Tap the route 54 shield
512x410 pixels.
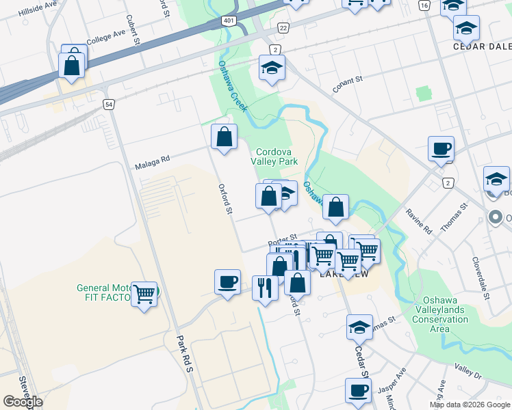coord(109,104)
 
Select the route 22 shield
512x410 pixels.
coord(283,27)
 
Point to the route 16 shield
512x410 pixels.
coord(424,5)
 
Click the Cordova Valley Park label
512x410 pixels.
coord(277,157)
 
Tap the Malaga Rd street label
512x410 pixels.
coord(153,162)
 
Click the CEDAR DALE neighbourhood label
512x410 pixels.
coord(483,47)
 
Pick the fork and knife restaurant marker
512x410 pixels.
coord(264,287)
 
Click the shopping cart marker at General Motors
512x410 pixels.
coord(144,295)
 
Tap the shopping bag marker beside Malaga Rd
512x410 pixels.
coord(224,137)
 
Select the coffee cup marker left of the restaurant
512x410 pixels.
coord(227,281)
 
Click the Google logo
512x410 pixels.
coord(23,402)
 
